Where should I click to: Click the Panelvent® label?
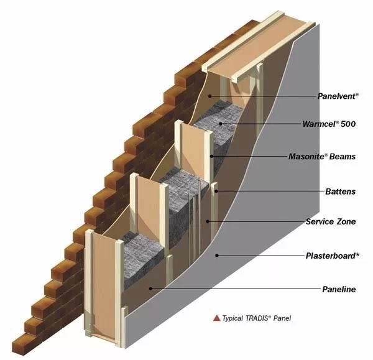tap(338, 96)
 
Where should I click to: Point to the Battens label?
tap(341, 192)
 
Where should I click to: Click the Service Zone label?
tap(331, 221)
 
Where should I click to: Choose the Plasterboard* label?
tap(331, 256)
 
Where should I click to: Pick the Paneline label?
tap(339, 289)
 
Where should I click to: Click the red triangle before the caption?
tap(216, 318)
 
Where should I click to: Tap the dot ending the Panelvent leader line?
tap(211, 96)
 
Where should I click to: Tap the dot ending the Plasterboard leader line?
tap(217, 256)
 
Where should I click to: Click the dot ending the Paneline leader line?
tap(149, 288)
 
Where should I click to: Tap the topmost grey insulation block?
tap(218, 124)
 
